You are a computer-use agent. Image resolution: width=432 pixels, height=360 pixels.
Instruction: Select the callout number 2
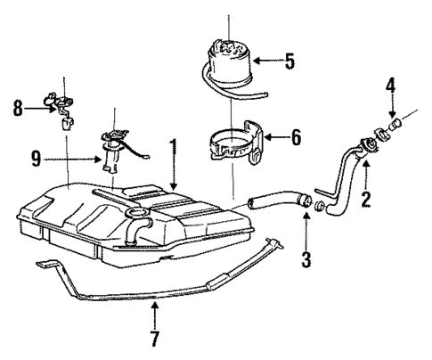point(366,200)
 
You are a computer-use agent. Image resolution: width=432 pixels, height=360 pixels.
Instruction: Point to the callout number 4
point(390,88)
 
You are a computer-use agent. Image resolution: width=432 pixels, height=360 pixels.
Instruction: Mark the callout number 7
point(155,339)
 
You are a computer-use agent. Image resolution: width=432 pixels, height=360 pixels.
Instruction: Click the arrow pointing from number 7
point(155,314)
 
